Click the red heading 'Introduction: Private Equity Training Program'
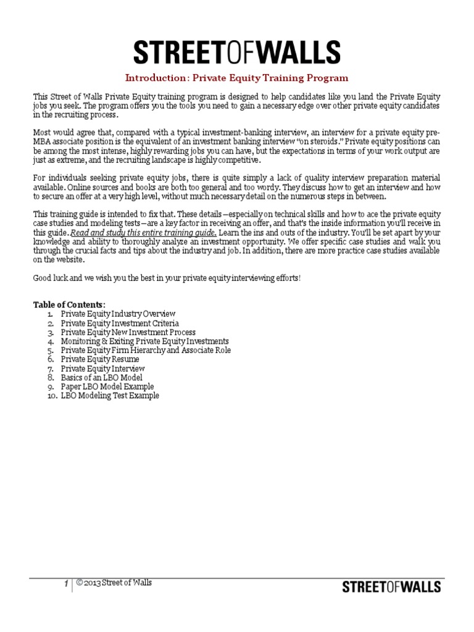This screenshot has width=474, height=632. coord(237,78)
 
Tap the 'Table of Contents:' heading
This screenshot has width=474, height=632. coord(69,304)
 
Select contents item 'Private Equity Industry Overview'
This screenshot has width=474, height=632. coord(118,314)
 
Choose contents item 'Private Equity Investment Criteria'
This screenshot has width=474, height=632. coord(120,323)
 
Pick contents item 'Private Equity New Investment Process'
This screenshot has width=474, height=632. coord(127,332)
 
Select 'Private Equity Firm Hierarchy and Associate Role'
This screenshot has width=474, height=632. coord(146,350)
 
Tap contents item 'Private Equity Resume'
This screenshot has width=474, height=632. coord(99,359)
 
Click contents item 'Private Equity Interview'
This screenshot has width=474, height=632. coord(102,368)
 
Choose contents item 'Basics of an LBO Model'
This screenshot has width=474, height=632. coord(101,377)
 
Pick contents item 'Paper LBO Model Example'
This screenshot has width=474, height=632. coord(107,386)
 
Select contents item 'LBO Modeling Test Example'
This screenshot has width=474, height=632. coord(109,396)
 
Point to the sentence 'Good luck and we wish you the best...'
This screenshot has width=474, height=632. coord(167,278)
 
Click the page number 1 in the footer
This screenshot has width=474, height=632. coord(66,583)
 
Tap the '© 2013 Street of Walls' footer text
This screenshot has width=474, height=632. coord(114,583)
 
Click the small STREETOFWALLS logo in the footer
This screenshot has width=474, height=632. coord(391,586)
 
